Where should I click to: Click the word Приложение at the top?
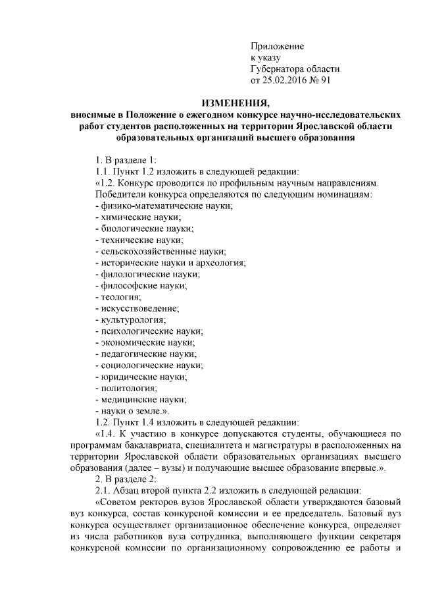(x=277, y=46)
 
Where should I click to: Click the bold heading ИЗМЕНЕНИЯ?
(x=235, y=103)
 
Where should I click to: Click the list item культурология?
(x=131, y=319)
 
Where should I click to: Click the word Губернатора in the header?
(x=279, y=70)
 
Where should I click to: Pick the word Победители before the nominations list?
(x=124, y=195)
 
